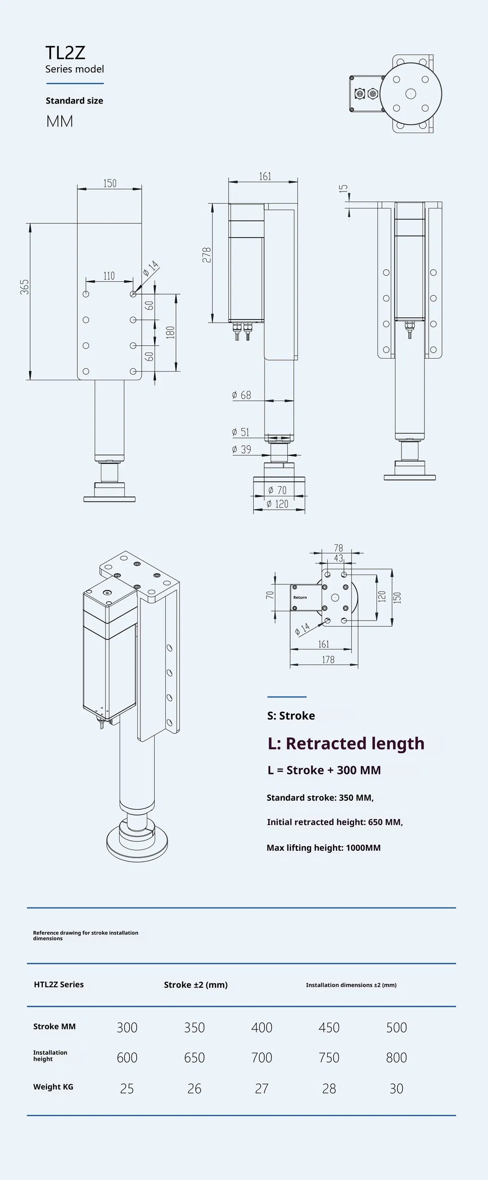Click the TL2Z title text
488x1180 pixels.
[65, 53]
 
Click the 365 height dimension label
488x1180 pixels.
[24, 287]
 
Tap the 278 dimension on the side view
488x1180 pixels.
[207, 255]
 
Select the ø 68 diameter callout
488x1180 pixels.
[242, 395]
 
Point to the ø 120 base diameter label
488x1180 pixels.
[278, 504]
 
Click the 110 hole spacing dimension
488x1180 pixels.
[109, 276]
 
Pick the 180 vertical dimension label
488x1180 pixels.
[170, 332]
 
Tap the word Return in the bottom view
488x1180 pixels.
[300, 597]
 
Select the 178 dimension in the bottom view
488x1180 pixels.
[328, 660]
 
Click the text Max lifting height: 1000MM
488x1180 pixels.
[324, 848]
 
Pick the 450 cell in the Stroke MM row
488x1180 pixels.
[329, 1028]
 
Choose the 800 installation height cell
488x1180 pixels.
[396, 1058]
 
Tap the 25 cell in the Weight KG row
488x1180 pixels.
[127, 1088]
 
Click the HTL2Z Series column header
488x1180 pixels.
[59, 984]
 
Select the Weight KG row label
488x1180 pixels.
[53, 1087]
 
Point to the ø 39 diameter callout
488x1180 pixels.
[242, 449]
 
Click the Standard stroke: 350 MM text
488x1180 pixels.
[320, 797]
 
